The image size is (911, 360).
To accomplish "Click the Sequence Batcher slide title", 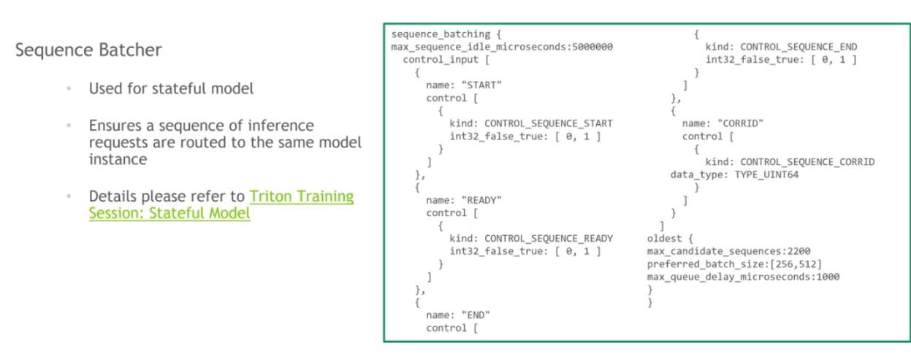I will click(88, 50).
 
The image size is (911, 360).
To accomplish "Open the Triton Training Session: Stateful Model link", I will click(221, 205).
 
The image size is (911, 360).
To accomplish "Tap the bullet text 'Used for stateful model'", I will click(172, 88).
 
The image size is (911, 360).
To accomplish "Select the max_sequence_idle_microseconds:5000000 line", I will click(502, 47).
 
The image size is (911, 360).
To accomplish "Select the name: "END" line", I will click(458, 315).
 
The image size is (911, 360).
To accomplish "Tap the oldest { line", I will click(668, 238).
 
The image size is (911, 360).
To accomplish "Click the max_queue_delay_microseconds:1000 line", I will click(743, 277).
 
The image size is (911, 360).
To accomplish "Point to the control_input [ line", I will click(441, 60).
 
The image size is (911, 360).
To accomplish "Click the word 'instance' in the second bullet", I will click(118, 158).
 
